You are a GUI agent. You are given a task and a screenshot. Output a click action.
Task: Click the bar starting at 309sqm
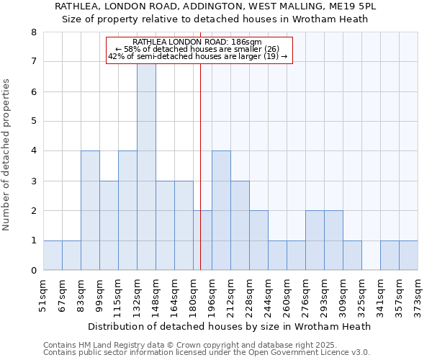352,255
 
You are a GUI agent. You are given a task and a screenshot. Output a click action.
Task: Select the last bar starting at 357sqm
408,255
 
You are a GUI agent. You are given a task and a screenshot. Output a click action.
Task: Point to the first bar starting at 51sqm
53,255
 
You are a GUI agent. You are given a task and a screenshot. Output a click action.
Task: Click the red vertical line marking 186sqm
200,180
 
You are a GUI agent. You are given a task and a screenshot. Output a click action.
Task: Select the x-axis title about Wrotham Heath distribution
230,326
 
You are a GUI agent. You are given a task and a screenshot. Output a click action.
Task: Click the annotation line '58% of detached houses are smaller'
199,49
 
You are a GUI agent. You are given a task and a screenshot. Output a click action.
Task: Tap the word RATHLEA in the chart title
77,6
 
